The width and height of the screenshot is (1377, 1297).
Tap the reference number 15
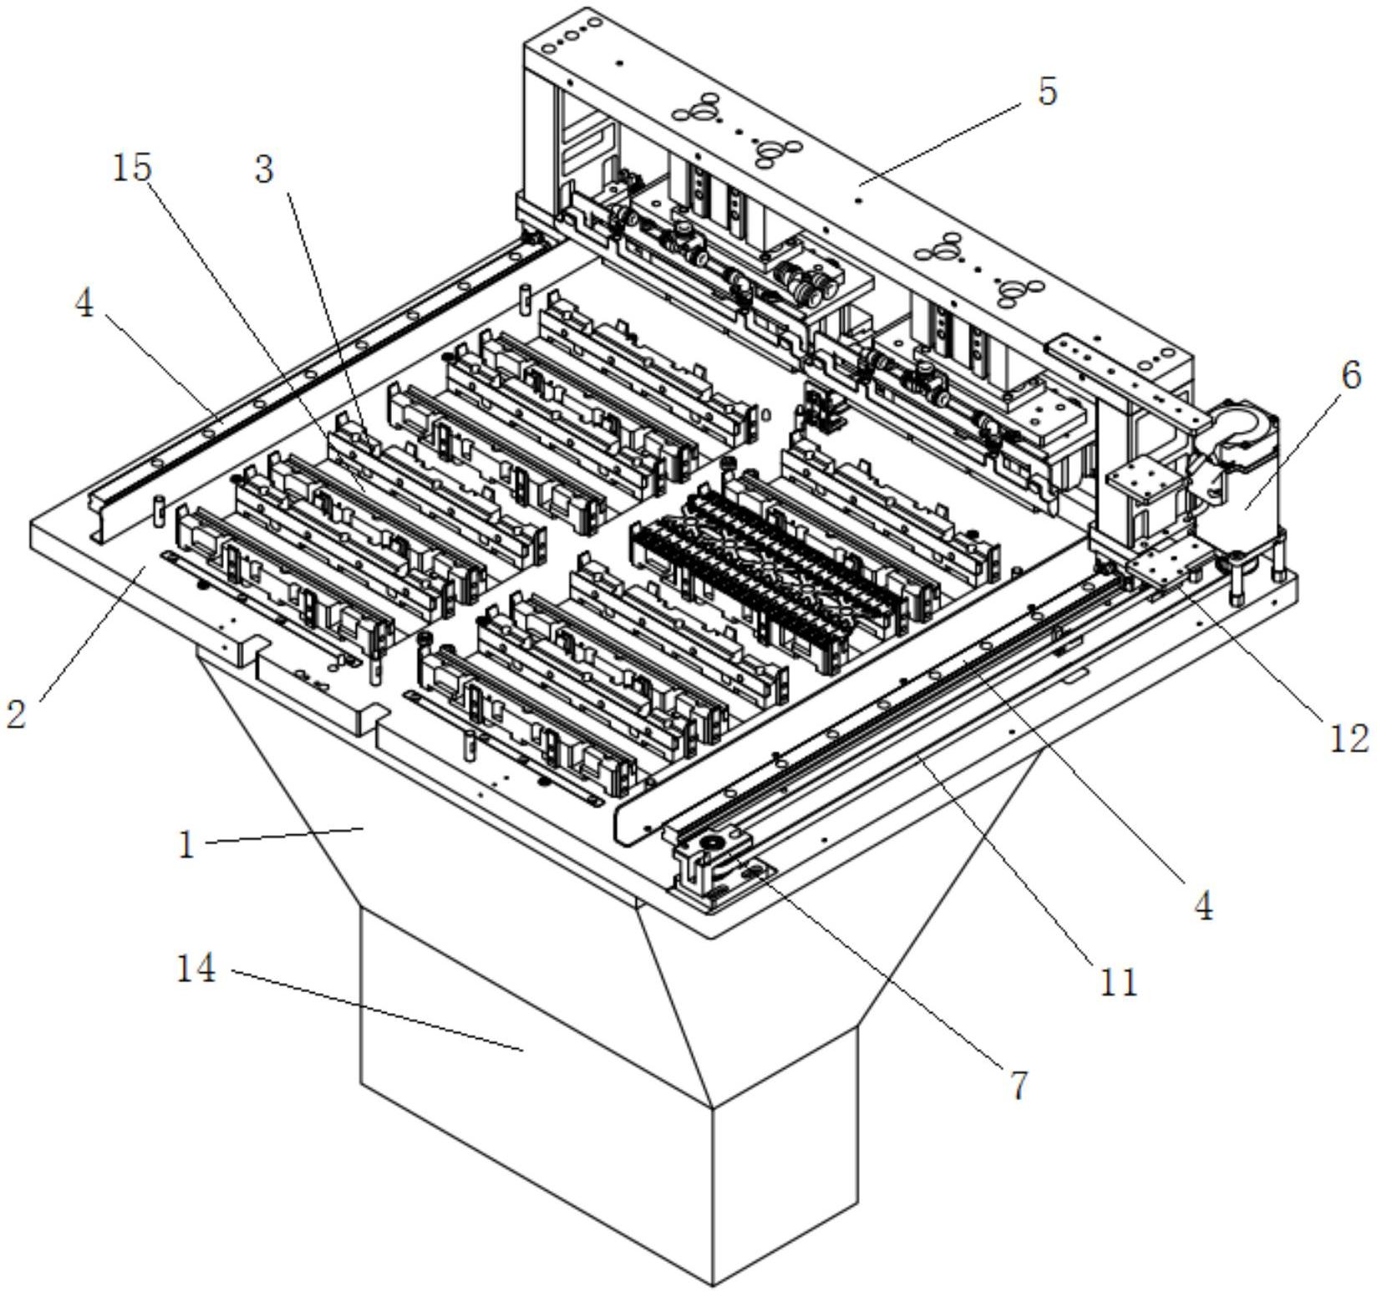[132, 168]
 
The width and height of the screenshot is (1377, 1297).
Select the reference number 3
[264, 170]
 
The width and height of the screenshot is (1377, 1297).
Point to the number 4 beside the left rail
[84, 305]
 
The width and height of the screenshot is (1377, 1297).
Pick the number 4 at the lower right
[1202, 906]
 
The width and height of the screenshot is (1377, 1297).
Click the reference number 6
[1351, 377]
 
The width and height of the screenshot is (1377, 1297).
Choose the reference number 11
[1119, 983]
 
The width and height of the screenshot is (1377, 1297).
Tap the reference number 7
[1018, 1086]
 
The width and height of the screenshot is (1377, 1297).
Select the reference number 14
[196, 970]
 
